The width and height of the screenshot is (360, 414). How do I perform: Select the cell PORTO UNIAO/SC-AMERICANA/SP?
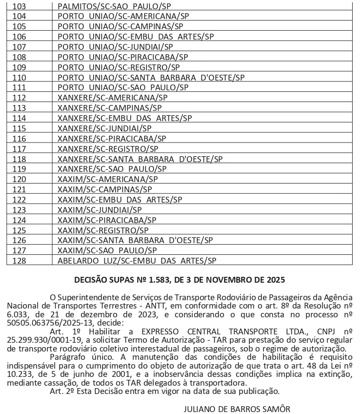click(x=123, y=16)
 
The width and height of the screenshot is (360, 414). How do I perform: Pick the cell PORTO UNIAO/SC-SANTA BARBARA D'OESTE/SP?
click(x=151, y=78)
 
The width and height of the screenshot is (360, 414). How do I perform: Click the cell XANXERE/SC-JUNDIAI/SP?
click(x=104, y=128)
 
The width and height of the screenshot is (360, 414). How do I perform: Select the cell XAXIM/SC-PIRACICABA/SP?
click(x=107, y=220)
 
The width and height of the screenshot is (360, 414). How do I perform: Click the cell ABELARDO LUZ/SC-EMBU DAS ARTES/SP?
click(x=137, y=261)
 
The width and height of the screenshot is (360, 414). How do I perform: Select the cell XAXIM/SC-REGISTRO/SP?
click(x=102, y=230)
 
